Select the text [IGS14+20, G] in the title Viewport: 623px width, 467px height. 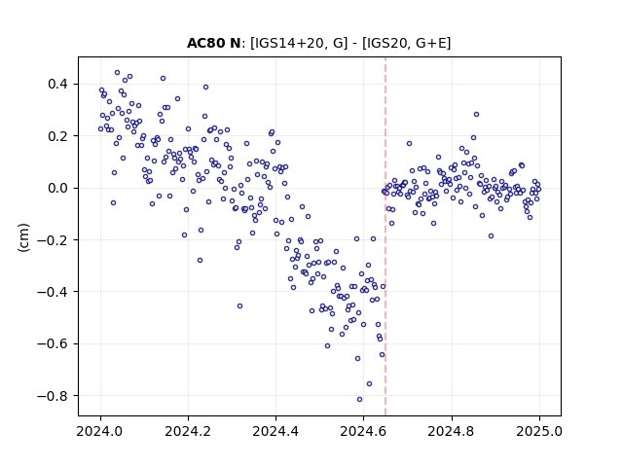point(299,43)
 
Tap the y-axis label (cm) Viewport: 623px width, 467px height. point(23,237)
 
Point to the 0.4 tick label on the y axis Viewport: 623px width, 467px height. point(57,85)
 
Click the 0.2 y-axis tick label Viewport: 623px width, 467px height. point(57,136)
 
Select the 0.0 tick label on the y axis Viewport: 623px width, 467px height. point(57,188)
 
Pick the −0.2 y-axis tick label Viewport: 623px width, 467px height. point(53,240)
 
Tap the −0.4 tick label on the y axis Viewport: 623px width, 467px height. point(53,292)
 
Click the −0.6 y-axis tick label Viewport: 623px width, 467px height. point(53,343)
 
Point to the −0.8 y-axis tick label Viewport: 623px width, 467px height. point(53,396)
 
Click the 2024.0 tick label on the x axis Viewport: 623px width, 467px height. point(100,431)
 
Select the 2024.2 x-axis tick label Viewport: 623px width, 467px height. point(188,431)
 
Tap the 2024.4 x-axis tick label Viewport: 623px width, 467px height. point(275,431)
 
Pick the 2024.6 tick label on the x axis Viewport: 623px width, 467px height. point(363,431)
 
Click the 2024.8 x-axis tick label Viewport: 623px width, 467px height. point(451,431)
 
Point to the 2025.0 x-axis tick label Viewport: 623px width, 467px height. point(539,431)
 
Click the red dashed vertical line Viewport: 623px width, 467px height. point(385,236)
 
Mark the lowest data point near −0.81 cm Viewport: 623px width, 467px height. point(359,400)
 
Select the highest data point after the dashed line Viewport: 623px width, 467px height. point(476,115)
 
